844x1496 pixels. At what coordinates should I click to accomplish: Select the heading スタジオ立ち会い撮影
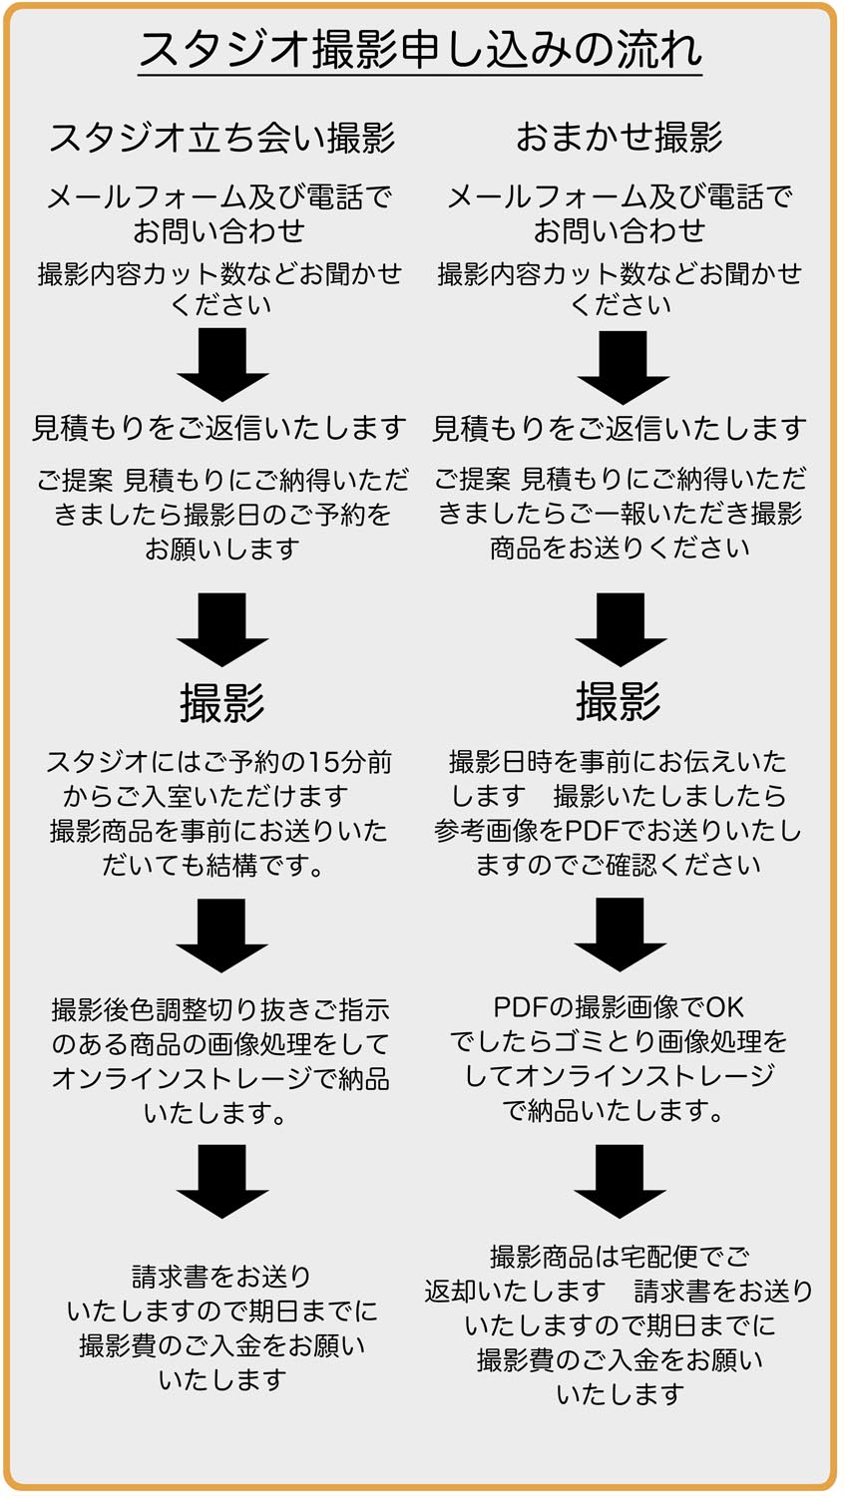[x=222, y=137]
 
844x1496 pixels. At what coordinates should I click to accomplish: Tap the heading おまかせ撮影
[x=619, y=137]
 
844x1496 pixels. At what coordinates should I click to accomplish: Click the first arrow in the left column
[x=222, y=365]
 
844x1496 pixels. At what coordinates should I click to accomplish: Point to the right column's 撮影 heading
[x=619, y=701]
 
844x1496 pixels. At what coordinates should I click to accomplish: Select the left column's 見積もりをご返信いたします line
[x=220, y=429]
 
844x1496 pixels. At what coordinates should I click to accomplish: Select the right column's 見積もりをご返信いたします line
[x=620, y=429]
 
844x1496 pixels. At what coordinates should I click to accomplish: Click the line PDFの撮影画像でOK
[x=619, y=1007]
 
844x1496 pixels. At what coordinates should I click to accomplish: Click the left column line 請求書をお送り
[x=222, y=1277]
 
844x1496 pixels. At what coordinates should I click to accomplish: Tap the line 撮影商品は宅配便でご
[x=620, y=1257]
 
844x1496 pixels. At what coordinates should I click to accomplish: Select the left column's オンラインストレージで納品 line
[x=220, y=1079]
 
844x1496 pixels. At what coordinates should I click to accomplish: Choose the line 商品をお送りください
[x=620, y=548]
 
